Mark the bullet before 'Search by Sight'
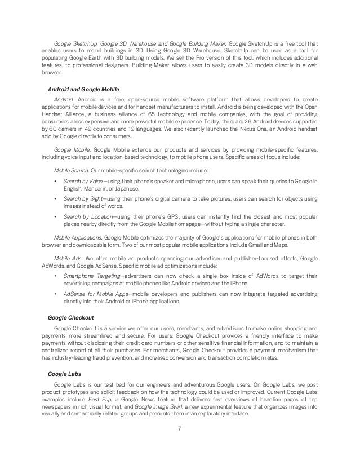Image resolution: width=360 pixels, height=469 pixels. pyautogui.click(x=54, y=200)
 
